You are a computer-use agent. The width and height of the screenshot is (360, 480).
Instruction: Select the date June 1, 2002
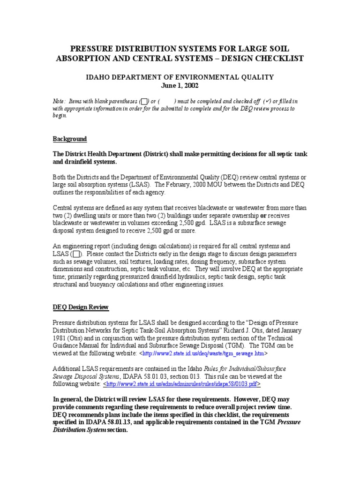pos(180,86)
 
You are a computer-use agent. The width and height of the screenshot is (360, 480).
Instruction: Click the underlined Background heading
pos(69,139)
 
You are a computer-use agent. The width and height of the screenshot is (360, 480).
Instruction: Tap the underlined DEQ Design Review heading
pos(80,307)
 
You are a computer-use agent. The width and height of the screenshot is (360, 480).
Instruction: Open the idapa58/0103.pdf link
pos(182,384)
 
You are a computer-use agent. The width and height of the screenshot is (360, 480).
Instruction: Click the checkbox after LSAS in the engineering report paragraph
pos(77,254)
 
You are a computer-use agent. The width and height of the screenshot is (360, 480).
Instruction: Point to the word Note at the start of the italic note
pos(58,101)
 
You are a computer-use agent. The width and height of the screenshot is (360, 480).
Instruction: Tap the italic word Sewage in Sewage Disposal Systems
pos(63,376)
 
